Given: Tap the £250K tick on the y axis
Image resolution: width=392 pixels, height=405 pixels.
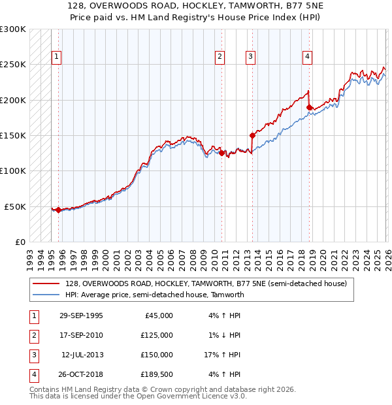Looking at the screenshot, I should point(13,65).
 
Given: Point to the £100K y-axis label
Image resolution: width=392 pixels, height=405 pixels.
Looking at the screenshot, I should point(13,171).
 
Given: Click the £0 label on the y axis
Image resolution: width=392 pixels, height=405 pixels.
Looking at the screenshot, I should point(20,242).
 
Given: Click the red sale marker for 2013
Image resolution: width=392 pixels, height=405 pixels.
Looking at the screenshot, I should point(252,136).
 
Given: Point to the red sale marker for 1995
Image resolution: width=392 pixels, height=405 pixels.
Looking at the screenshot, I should point(59,210).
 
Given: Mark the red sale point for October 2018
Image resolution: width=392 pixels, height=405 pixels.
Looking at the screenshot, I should point(309,108).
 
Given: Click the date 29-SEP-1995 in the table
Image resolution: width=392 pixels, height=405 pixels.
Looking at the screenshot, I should point(80,316).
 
